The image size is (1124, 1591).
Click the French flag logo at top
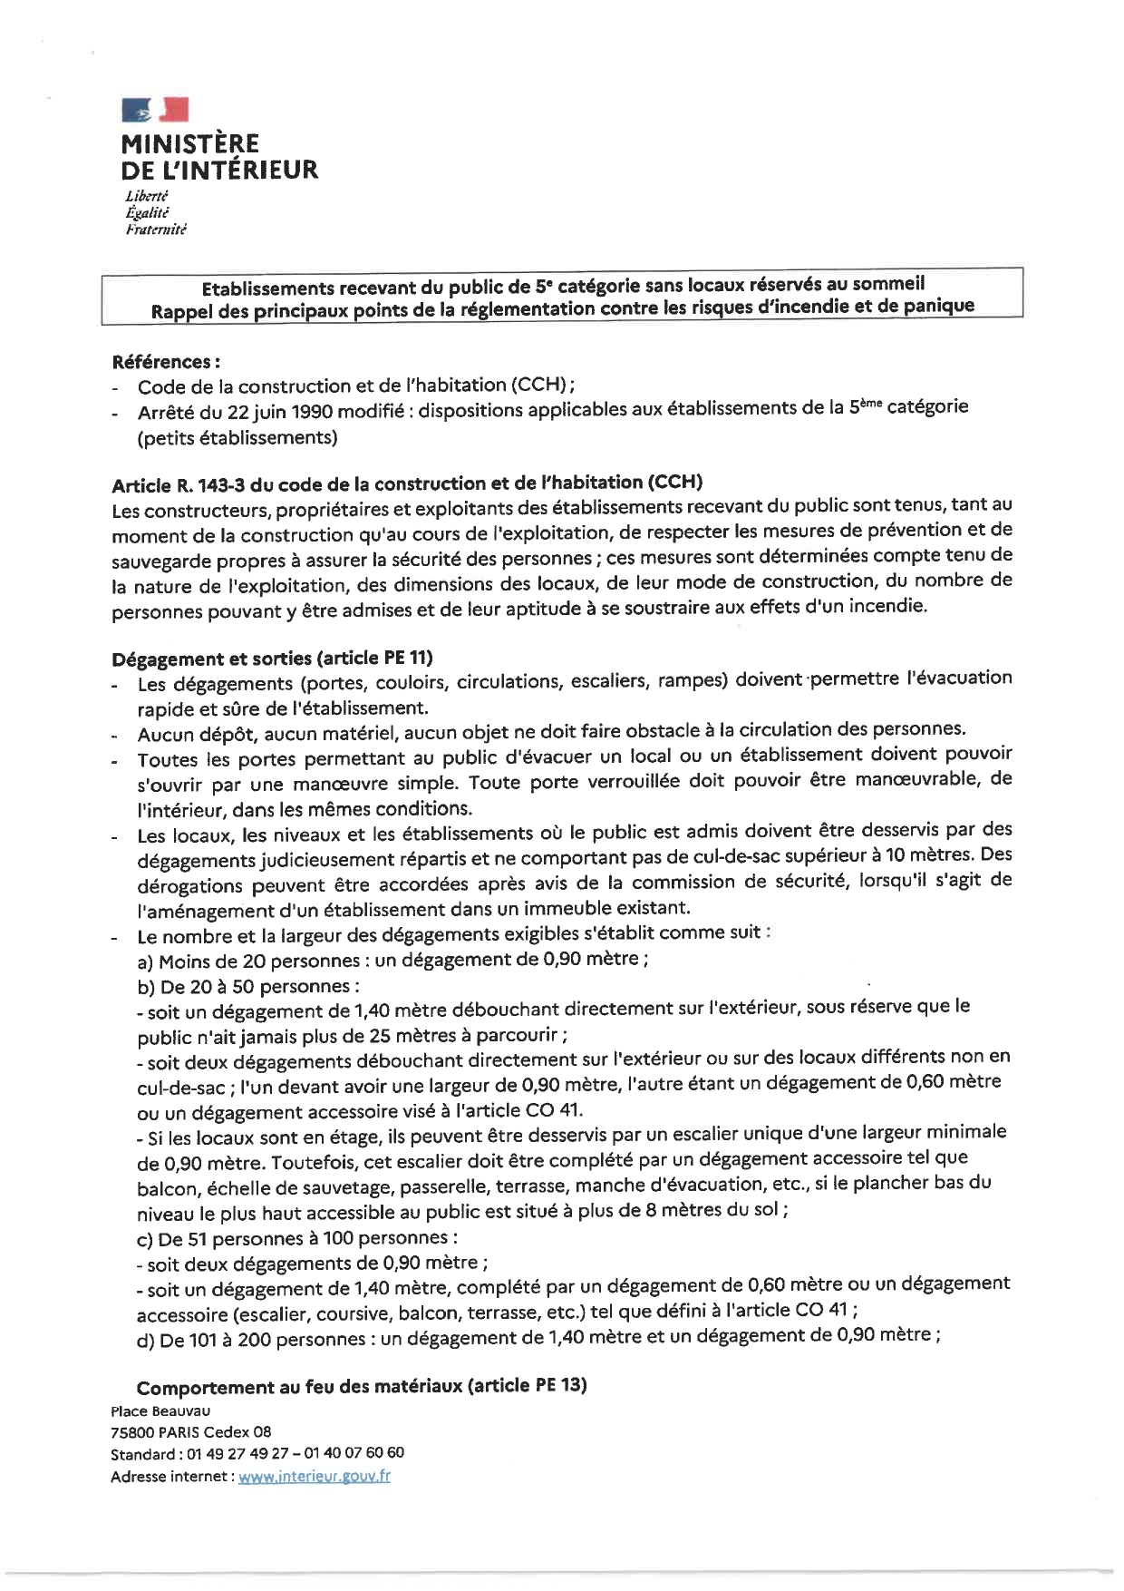155,111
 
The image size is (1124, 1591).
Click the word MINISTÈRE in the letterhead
189,143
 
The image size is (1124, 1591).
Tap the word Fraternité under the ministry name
156,229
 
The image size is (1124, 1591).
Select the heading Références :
166,362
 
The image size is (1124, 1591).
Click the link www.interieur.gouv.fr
314,1476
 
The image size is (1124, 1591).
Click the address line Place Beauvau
160,1410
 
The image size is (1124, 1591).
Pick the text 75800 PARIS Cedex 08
190,1431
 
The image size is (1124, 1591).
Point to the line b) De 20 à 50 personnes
247,987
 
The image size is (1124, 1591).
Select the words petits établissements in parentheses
237,438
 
